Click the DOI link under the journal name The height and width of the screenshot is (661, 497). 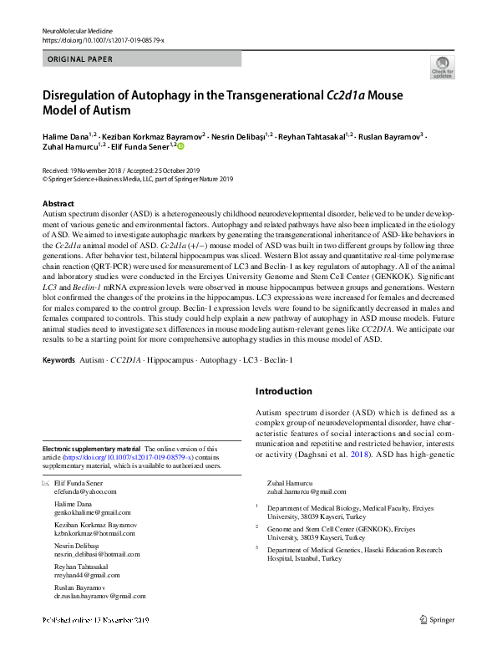tap(103, 39)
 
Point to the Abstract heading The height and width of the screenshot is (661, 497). tap(58, 204)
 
